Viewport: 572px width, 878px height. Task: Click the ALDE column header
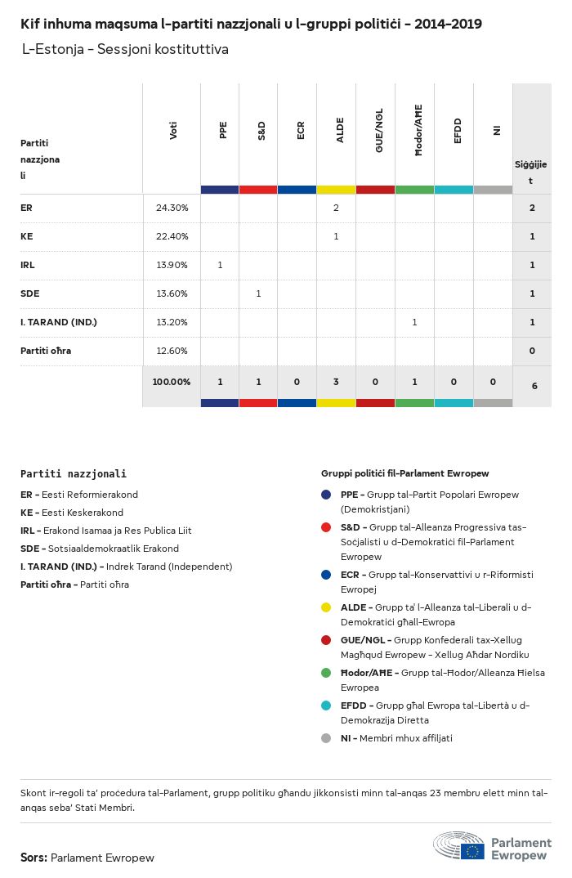point(340,132)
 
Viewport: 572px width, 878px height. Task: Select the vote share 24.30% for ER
point(172,208)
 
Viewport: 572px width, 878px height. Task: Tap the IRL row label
point(28,265)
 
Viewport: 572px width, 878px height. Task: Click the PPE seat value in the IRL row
point(220,265)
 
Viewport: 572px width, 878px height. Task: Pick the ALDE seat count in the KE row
point(336,236)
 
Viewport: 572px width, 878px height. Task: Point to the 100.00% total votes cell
point(172,382)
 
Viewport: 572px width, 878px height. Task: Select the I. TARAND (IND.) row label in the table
point(59,322)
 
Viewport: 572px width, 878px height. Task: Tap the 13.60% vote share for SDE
point(172,293)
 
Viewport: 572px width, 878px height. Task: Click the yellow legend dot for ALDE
point(326,607)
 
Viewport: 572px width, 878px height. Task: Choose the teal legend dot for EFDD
point(326,706)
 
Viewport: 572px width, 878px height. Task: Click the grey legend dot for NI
point(326,738)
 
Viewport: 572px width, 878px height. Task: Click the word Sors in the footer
point(33,858)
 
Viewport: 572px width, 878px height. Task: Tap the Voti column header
point(172,131)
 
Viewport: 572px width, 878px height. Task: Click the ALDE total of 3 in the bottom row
point(336,382)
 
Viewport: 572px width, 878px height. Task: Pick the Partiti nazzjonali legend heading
point(74,473)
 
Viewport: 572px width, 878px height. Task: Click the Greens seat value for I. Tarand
point(414,322)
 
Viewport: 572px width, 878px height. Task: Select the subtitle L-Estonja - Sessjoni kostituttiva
point(125,50)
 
